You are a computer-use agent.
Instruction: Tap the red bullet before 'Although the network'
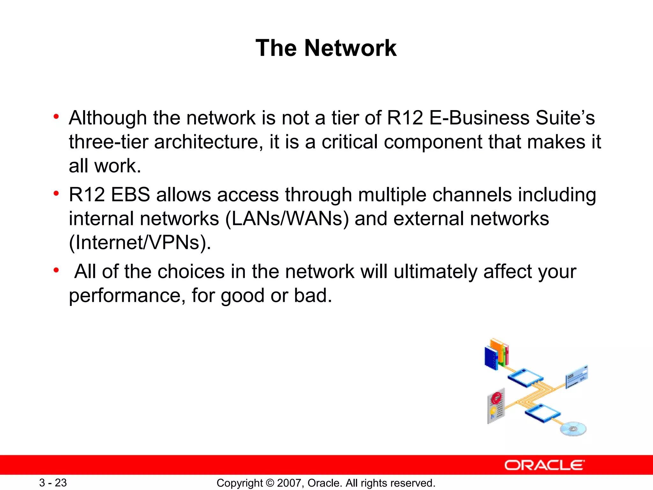click(56, 117)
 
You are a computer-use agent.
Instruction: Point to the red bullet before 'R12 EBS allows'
click(56, 193)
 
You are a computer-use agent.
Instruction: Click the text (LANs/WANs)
click(287, 219)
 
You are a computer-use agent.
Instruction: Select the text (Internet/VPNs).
click(140, 243)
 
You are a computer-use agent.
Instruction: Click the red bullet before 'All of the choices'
click(56, 271)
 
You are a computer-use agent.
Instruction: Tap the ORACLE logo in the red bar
click(544, 465)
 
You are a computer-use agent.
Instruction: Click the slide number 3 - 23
click(53, 483)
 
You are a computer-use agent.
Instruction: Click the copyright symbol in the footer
click(270, 483)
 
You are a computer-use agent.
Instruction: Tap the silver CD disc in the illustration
click(573, 429)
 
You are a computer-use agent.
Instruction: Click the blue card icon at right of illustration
click(576, 377)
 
